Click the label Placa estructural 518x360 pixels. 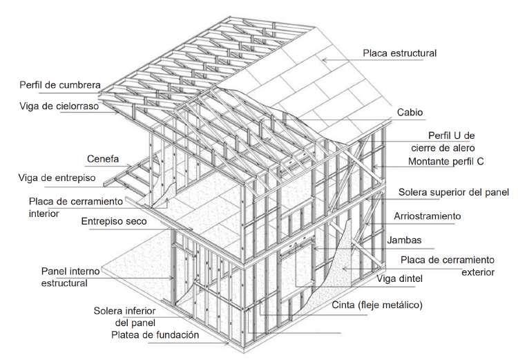400,53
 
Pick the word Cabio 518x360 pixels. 410,111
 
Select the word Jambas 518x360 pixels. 421,240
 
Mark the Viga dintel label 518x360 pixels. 404,278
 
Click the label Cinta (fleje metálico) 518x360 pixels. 377,304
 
